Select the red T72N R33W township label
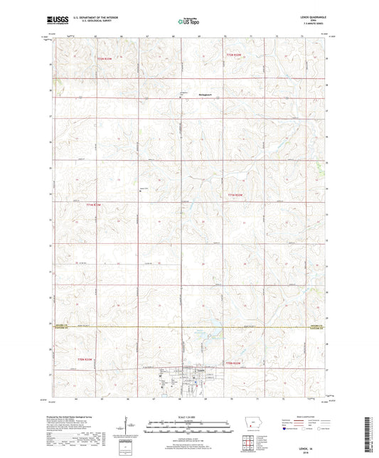tap(105, 68)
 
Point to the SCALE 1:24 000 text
tap(189, 417)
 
